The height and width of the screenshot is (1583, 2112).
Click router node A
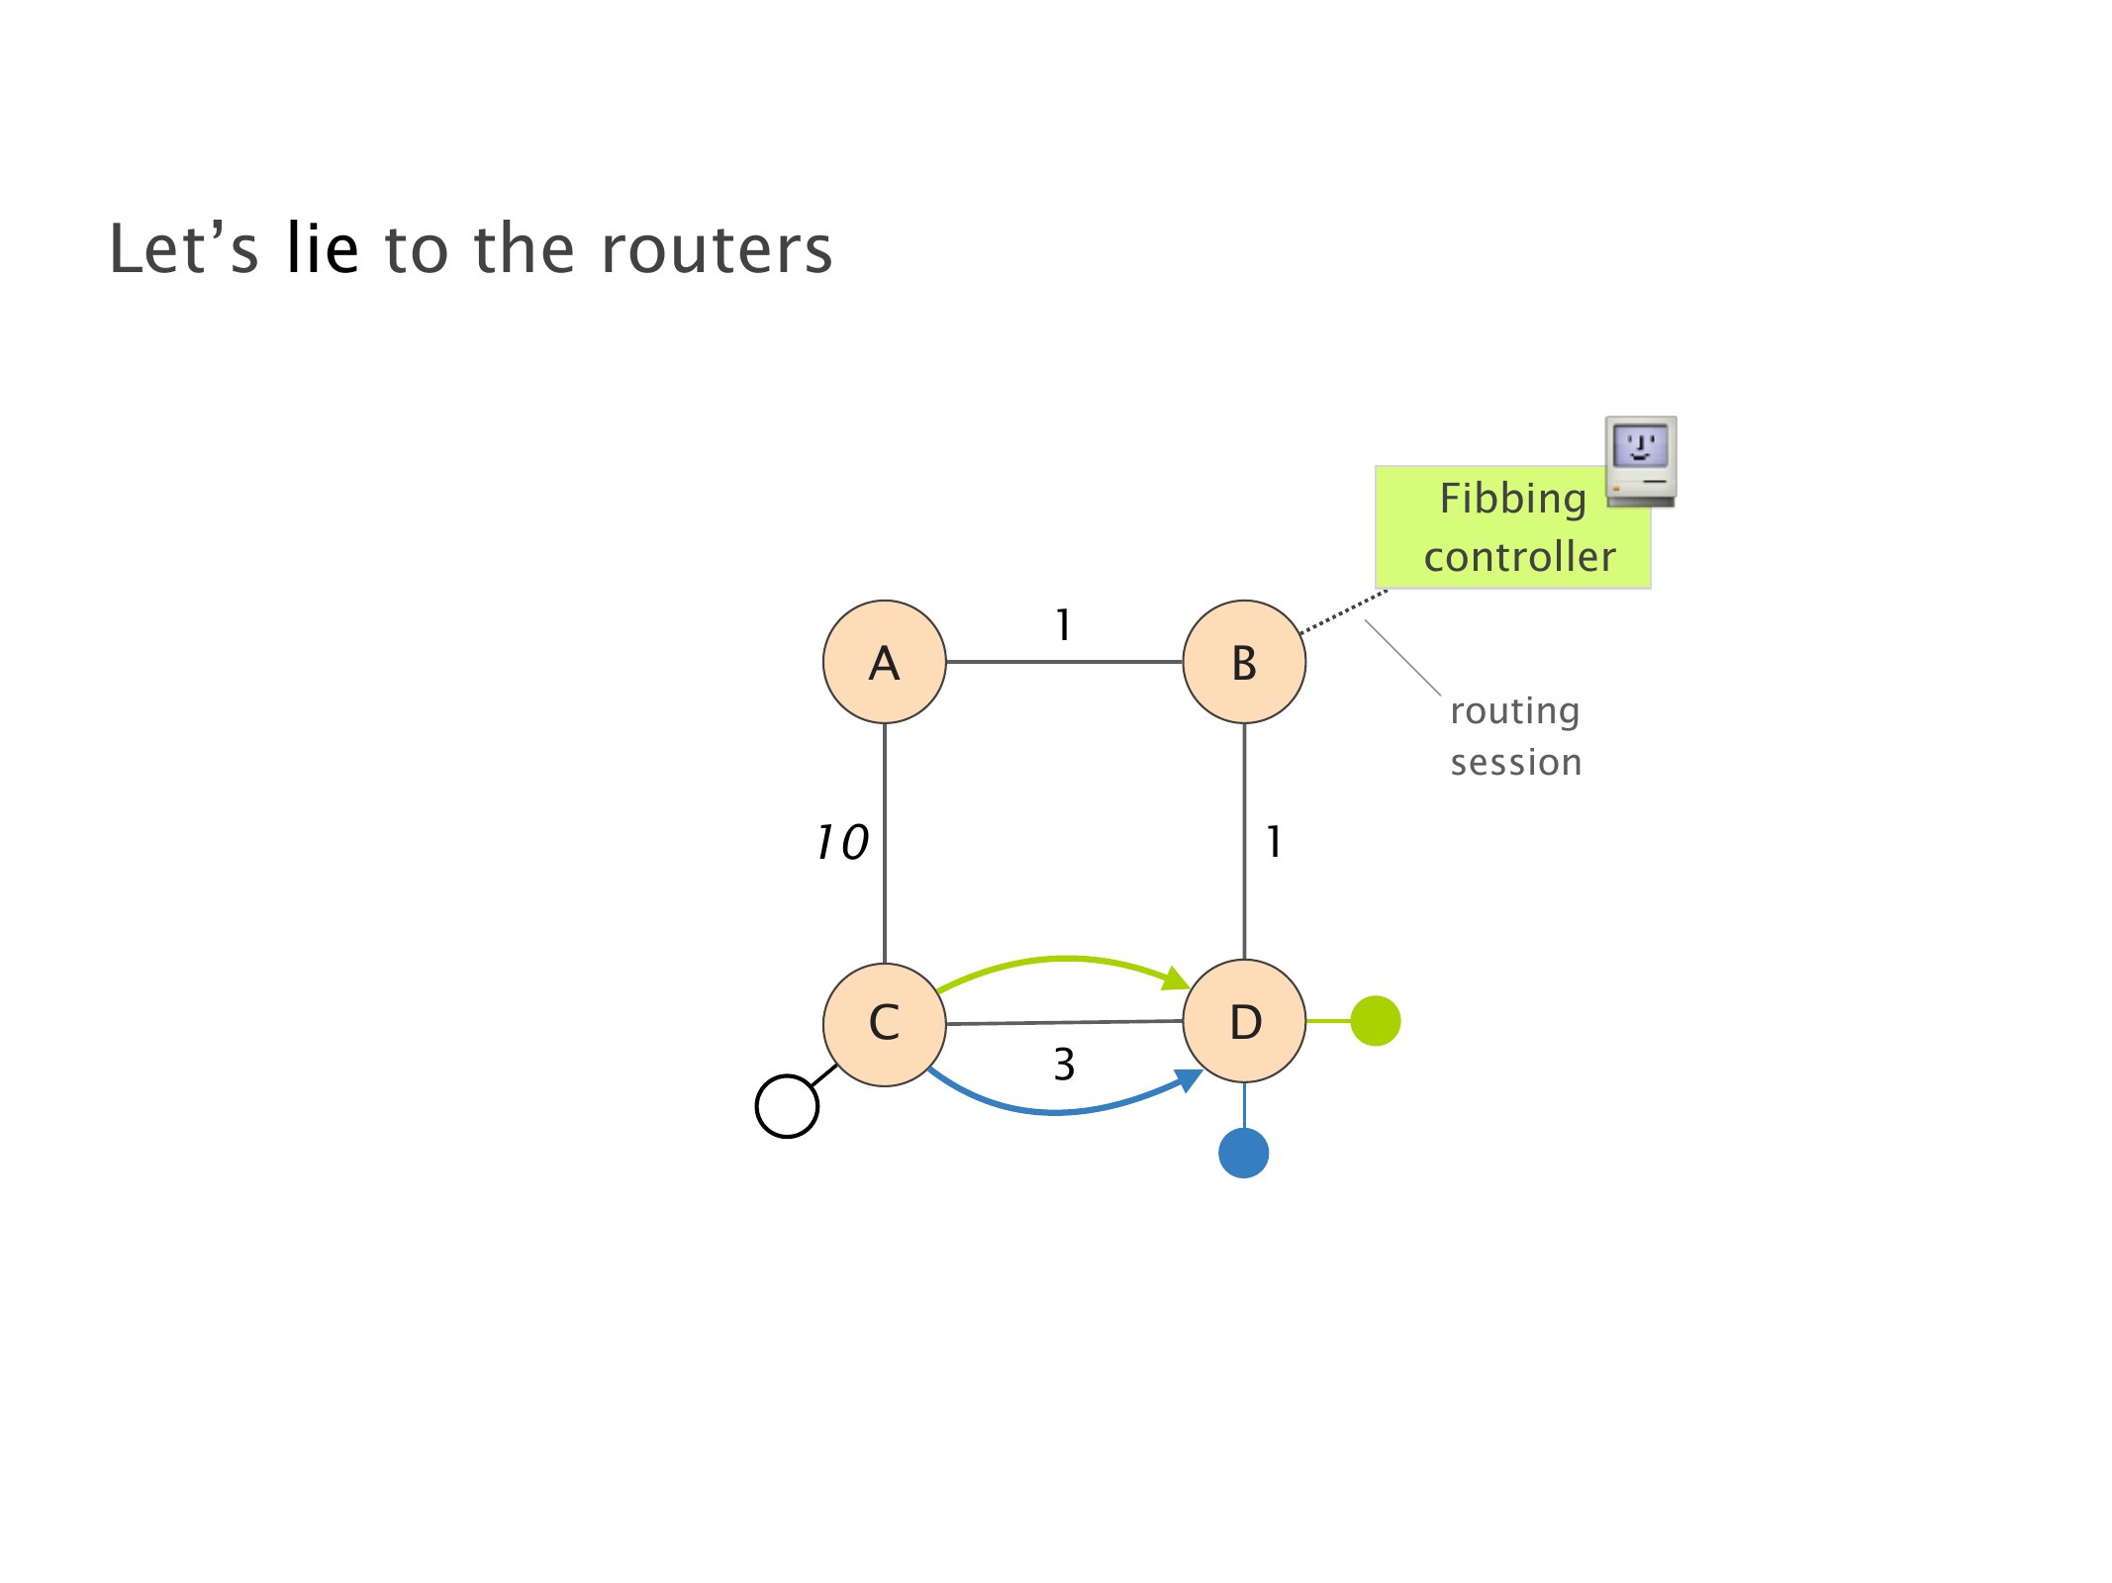[x=884, y=662]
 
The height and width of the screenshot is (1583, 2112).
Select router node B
[x=1244, y=662]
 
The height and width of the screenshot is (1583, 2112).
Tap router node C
[x=884, y=1023]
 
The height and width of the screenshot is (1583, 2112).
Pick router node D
[x=1244, y=1021]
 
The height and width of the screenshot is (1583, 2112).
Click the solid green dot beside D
[x=1375, y=1021]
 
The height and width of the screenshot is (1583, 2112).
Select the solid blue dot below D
[x=1243, y=1153]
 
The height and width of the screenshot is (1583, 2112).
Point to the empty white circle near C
[x=787, y=1106]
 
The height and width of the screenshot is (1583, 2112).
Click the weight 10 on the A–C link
[x=842, y=843]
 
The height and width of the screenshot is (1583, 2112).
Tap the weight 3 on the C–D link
[x=1064, y=1065]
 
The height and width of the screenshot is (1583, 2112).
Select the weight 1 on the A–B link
[x=1063, y=625]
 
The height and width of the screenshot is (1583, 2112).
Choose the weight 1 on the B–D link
[x=1274, y=843]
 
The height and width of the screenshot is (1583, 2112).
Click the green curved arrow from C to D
[x=1064, y=958]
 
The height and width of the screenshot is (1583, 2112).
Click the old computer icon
[x=1640, y=461]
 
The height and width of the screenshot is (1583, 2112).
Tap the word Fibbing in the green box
[x=1512, y=499]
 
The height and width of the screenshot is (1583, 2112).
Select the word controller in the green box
[x=1519, y=557]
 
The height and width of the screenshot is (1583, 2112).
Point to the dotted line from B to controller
[x=1343, y=611]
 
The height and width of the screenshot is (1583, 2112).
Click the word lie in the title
[x=322, y=248]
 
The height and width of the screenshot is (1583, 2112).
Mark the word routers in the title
[x=717, y=249]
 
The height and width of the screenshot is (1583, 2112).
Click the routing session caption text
[x=1515, y=736]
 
